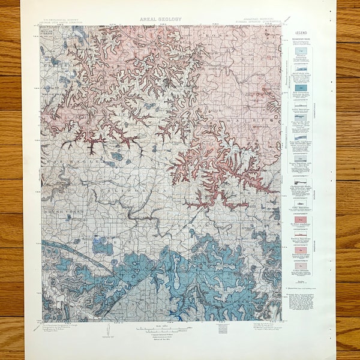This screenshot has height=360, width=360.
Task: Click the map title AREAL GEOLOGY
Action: [x=160, y=19]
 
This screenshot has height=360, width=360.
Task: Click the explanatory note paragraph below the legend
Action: [x=302, y=300]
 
